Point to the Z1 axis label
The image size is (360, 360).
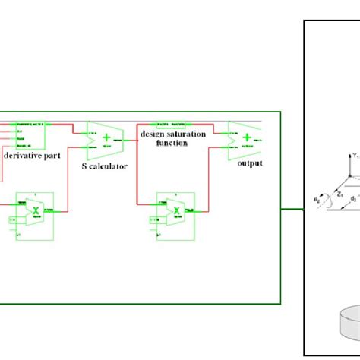click(x=339, y=194)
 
